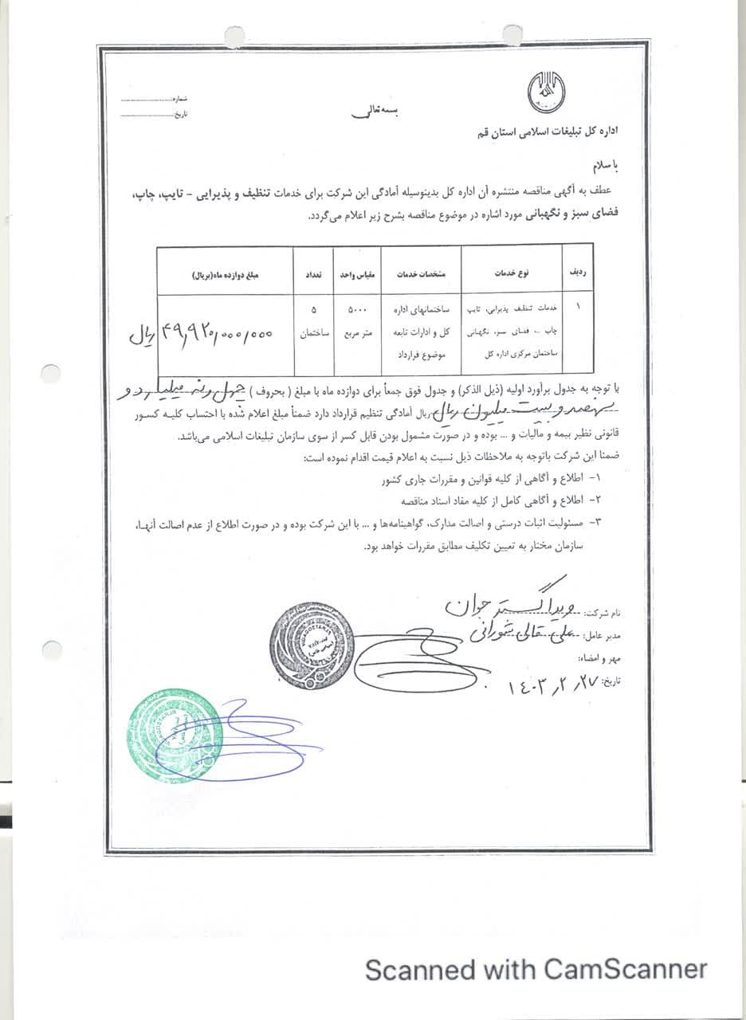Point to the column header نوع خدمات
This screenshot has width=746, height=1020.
coord(512,273)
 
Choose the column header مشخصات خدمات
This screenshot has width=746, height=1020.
coord(421,273)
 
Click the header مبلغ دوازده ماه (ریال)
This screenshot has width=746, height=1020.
coord(226,273)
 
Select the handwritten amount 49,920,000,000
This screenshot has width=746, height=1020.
coord(217,334)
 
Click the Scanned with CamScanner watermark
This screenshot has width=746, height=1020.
coord(536,970)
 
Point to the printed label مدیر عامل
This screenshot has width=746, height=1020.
coord(603,637)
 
